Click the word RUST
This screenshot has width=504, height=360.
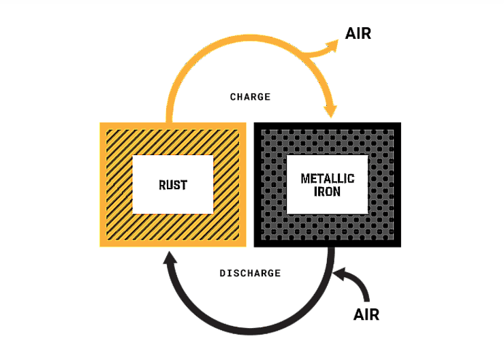coord(173,184)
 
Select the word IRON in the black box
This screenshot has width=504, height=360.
coord(328,192)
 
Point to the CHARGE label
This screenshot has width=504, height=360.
coord(250,97)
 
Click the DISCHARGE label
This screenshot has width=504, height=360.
coord(250,273)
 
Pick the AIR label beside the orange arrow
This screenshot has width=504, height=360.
coord(358,33)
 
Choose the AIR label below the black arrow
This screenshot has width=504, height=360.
coord(366,314)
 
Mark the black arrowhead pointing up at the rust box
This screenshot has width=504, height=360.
coord(168,259)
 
